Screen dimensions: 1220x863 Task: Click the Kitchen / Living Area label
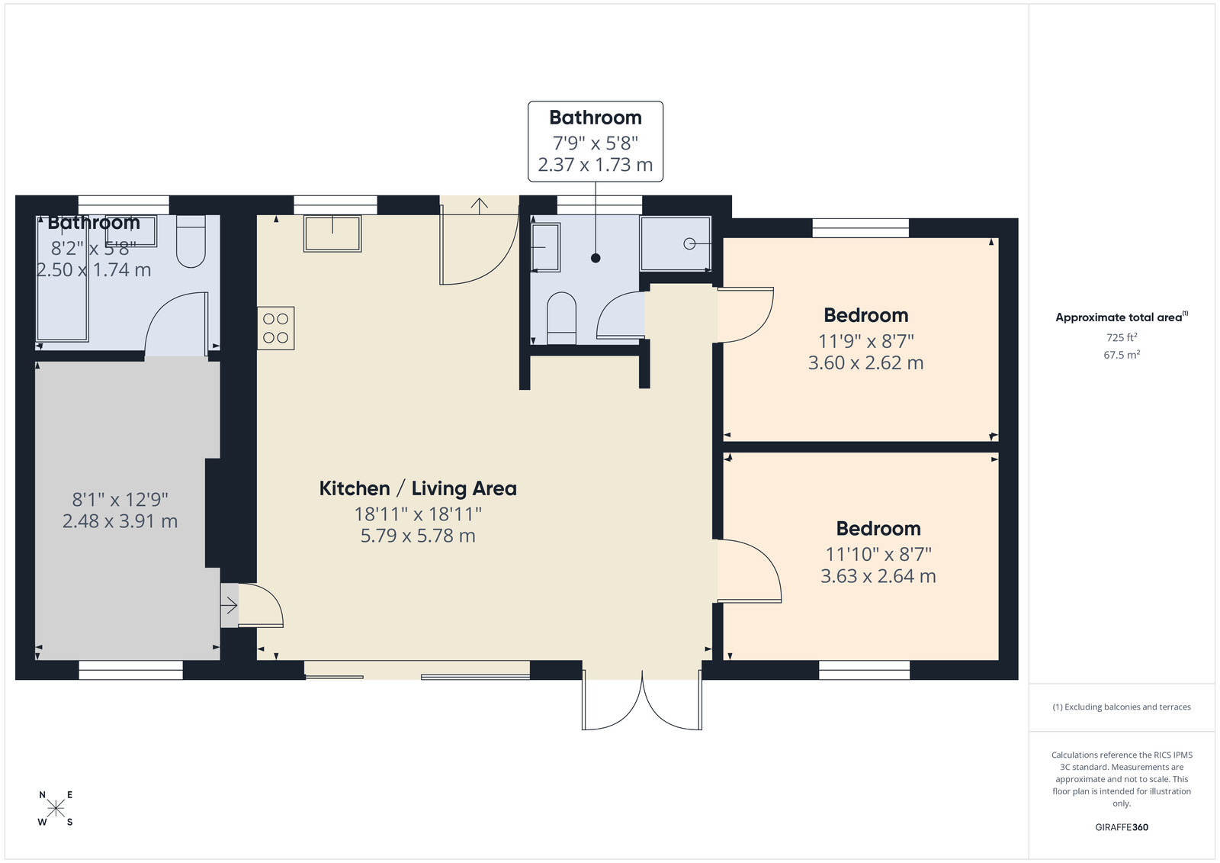(418, 488)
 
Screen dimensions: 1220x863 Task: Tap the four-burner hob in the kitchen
(276, 328)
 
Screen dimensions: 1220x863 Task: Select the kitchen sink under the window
(332, 233)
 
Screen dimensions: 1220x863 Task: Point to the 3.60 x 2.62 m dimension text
(865, 362)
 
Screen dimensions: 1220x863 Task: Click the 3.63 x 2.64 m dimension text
(878, 575)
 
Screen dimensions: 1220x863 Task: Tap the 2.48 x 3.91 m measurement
(120, 521)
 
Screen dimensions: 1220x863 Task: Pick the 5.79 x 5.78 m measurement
(418, 536)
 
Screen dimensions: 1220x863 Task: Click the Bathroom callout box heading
(596, 118)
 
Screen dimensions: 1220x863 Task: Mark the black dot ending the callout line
(596, 259)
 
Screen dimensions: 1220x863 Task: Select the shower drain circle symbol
(689, 243)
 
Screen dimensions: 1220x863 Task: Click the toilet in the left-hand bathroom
(191, 242)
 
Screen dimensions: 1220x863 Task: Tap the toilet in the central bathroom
(561, 318)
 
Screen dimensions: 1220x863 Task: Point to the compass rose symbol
(56, 807)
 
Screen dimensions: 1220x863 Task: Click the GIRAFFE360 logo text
(1122, 827)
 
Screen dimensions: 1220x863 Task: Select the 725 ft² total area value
(1122, 337)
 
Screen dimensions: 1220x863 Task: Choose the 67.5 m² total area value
(1122, 354)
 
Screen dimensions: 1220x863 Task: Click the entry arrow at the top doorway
(479, 205)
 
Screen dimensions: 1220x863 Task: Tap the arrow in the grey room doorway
(229, 605)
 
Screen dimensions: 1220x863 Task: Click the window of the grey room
(130, 670)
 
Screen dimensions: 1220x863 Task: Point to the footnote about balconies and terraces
(1122, 707)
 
